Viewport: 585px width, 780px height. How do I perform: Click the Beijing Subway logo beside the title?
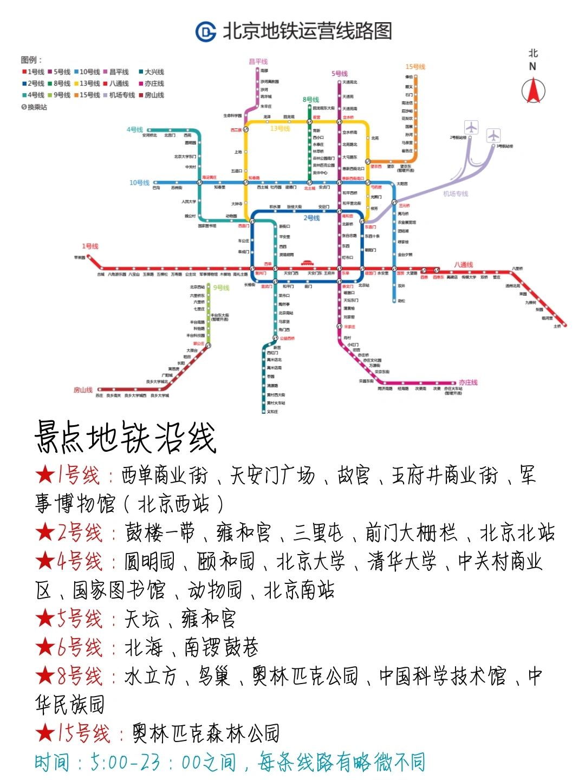[x=206, y=31]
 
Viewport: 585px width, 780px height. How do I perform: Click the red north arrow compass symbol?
[x=533, y=90]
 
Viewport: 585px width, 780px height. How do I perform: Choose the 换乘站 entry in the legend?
[x=34, y=107]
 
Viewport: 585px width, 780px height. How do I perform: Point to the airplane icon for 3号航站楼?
[x=493, y=135]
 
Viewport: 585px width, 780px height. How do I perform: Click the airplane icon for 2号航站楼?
[x=472, y=128]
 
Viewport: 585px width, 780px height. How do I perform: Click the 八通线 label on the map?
[x=463, y=265]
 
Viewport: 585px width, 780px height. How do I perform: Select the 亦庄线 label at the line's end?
[x=468, y=382]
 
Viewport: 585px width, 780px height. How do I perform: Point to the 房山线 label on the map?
[x=83, y=390]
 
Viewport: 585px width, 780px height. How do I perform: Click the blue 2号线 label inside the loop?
[x=311, y=218]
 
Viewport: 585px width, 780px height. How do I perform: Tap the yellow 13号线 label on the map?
[x=280, y=129]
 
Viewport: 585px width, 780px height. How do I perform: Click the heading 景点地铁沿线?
[x=126, y=438]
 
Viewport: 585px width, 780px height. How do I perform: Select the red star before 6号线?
[x=45, y=647]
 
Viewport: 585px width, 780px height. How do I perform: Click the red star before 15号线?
[x=45, y=733]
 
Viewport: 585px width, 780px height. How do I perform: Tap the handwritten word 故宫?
[x=353, y=476]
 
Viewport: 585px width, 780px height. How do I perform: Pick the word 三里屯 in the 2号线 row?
[x=318, y=533]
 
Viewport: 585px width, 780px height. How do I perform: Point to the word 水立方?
[x=151, y=676]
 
